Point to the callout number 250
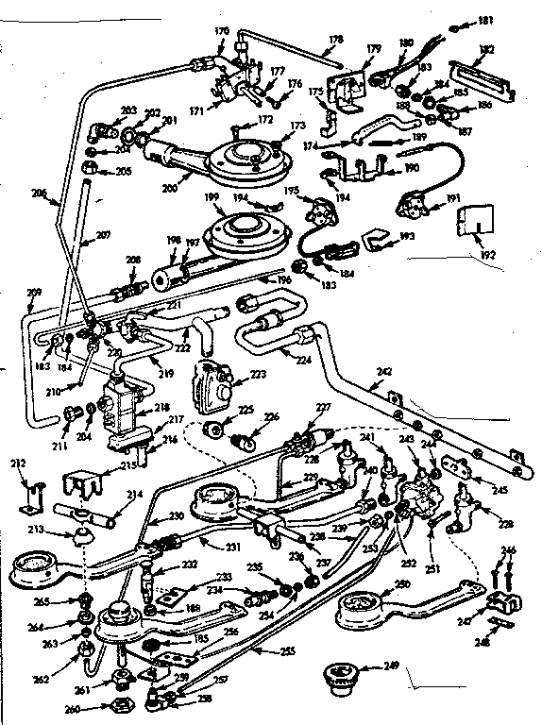[x=403, y=586]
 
